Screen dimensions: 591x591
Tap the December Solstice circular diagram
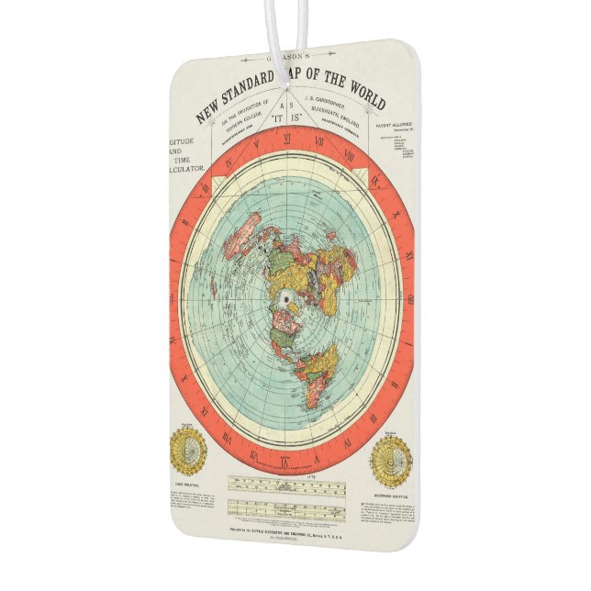tap(392, 460)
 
